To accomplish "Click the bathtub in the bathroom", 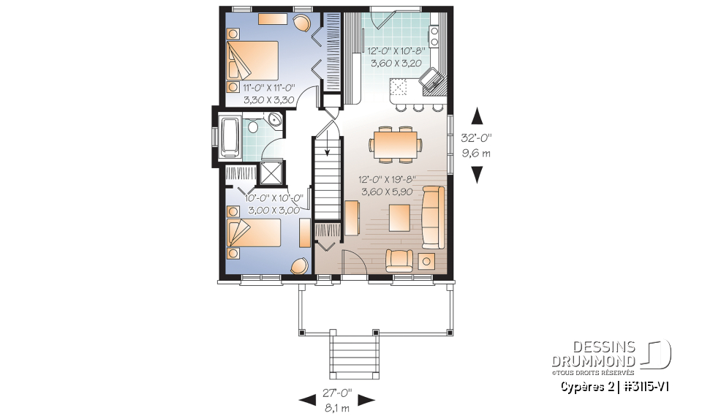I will pyautogui.click(x=230, y=137).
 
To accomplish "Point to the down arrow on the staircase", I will pyautogui.click(x=325, y=150).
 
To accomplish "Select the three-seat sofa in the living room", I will pyautogui.click(x=433, y=217).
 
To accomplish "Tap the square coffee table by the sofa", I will pyautogui.click(x=399, y=216).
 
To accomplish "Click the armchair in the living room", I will pyautogui.click(x=399, y=259).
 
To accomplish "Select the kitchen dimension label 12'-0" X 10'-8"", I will pyautogui.click(x=395, y=51).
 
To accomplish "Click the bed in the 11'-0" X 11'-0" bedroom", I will pyautogui.click(x=253, y=61).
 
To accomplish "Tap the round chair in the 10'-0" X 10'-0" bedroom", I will pyautogui.click(x=300, y=266).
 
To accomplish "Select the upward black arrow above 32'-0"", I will pyautogui.click(x=477, y=116).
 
